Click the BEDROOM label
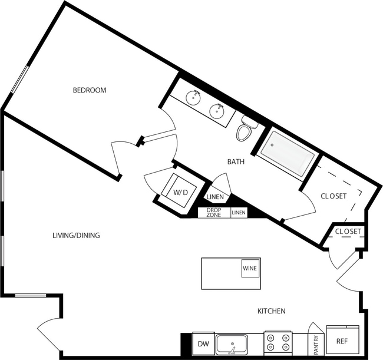[x=89, y=90]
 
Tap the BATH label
[x=236, y=160]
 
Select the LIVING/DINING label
[x=76, y=236]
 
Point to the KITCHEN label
[x=271, y=311]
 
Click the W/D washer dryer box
[x=179, y=192]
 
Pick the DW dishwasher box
[x=202, y=344]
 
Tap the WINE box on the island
[x=250, y=269]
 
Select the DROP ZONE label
[x=214, y=213]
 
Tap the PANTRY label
[x=316, y=342]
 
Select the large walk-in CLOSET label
[x=333, y=196]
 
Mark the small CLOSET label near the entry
[x=348, y=232]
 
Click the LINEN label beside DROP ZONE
[x=239, y=213]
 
